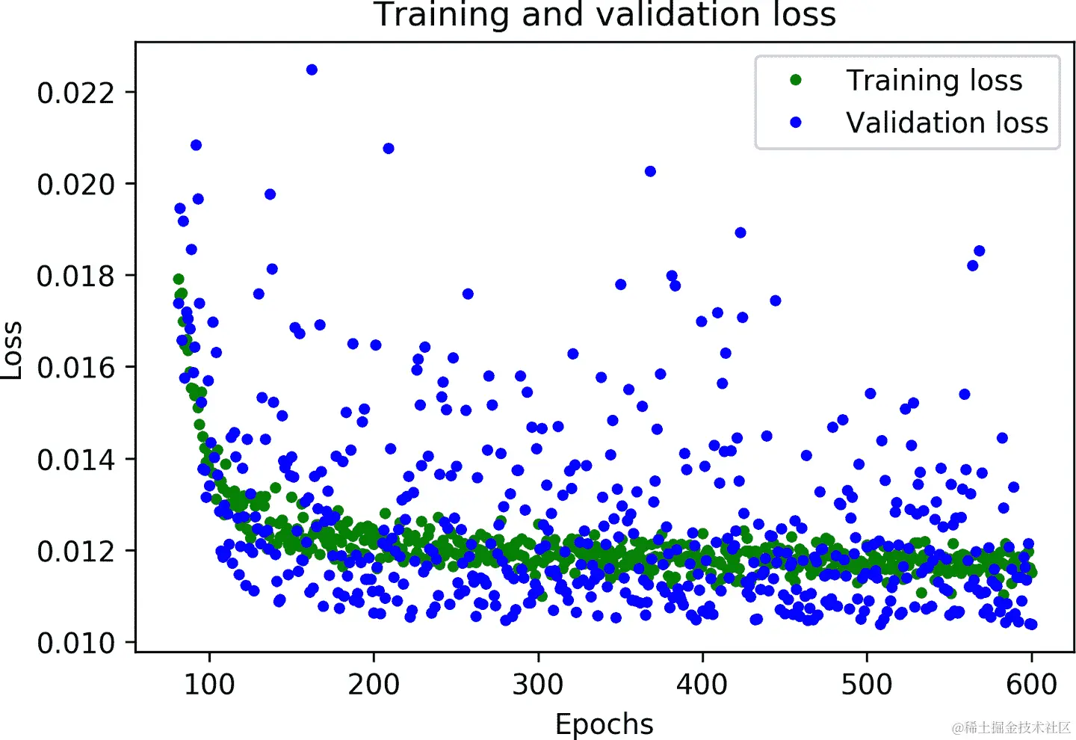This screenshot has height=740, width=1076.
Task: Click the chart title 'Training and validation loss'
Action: point(605,15)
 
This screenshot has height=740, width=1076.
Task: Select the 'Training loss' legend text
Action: point(933,81)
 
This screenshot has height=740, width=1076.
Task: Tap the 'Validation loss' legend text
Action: point(947,123)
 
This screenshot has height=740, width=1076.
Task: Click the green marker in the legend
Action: point(796,80)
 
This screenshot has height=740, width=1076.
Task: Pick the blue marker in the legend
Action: point(796,122)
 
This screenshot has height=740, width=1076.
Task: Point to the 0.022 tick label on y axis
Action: point(76,93)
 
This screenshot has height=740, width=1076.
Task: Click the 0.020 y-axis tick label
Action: point(76,184)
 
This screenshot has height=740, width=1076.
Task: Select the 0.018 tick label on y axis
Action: point(76,276)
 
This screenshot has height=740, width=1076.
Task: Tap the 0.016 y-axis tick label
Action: point(76,368)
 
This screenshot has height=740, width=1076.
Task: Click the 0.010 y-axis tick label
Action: point(76,643)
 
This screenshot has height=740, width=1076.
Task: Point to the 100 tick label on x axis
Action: point(209,684)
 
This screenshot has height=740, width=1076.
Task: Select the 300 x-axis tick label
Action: point(538,684)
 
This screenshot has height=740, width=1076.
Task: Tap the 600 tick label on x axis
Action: point(1031,684)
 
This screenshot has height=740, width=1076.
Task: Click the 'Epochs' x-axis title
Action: point(604,724)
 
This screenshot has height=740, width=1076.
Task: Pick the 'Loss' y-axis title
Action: point(12,351)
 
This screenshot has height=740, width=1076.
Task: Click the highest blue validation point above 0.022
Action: point(312,70)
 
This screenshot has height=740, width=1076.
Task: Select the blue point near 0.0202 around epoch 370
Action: point(650,171)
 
